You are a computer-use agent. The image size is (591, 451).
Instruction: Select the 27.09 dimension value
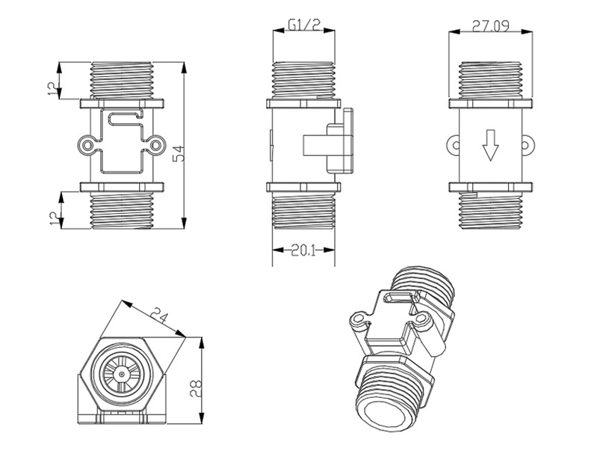490,27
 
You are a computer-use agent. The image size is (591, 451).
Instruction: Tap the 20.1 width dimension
304,251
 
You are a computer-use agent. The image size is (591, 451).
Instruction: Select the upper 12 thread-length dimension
52,88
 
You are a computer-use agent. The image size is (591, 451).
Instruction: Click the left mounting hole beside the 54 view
90,144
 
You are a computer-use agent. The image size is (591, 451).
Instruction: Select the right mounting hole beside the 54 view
157,144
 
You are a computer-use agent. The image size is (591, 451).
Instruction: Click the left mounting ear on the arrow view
454,142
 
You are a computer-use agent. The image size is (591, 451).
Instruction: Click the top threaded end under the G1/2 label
304,79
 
